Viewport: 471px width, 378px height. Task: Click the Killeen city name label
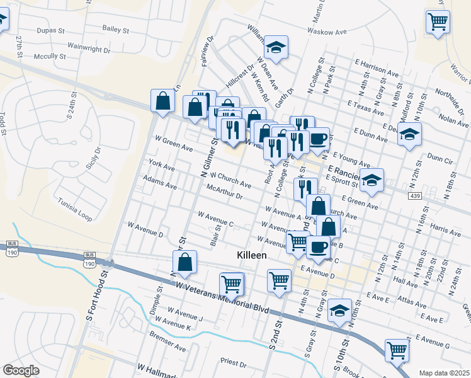point(251,255)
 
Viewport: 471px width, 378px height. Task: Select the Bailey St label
point(115,29)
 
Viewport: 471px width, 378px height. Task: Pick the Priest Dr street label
point(233,363)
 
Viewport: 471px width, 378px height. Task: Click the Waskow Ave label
point(327,31)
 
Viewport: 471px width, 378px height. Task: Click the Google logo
point(21,370)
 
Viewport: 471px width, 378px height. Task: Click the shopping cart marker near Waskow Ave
point(438,23)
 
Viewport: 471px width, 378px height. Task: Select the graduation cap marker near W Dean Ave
point(275,47)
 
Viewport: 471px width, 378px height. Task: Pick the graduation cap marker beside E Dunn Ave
point(409,135)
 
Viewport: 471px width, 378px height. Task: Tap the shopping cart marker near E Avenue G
point(397,350)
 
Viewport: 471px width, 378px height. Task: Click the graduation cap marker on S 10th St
point(340,311)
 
